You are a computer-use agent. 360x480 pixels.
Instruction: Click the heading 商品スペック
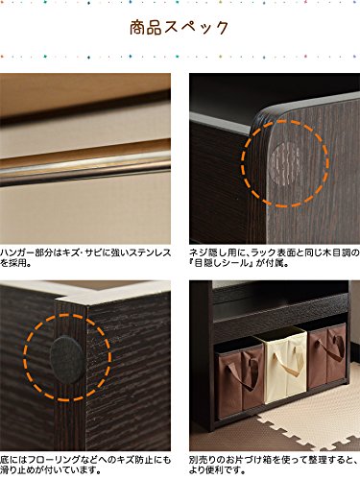click(x=179, y=28)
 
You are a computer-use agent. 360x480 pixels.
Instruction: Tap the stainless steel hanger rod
click(x=85, y=168)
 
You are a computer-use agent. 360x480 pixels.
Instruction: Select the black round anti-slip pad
click(x=67, y=359)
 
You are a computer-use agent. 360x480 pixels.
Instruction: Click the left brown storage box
click(x=240, y=382)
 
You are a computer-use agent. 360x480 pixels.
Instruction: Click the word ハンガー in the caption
click(x=16, y=252)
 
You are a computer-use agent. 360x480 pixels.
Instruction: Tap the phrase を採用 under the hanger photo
click(x=12, y=264)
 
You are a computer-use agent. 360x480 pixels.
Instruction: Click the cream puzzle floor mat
click(x=307, y=420)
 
